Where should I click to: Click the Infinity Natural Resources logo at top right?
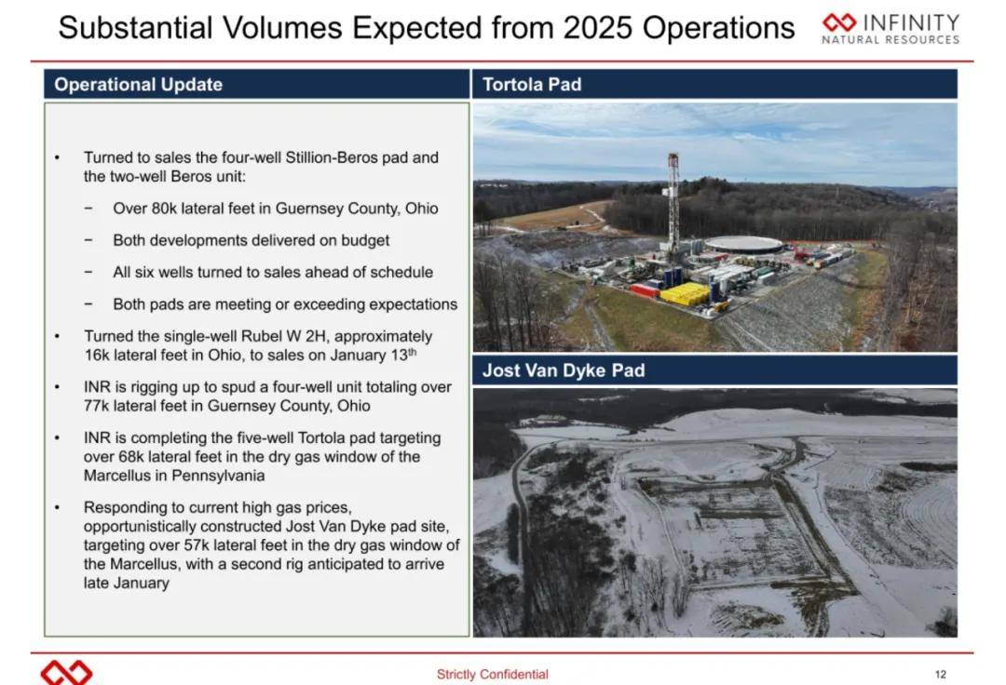pyautogui.click(x=890, y=29)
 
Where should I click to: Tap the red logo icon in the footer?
pyautogui.click(x=66, y=673)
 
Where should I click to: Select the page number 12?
pyautogui.click(x=941, y=674)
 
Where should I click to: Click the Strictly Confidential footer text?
pyautogui.click(x=492, y=674)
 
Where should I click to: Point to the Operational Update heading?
pyautogui.click(x=139, y=85)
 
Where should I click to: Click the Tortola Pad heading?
pyautogui.click(x=532, y=85)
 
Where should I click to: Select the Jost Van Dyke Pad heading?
pyautogui.click(x=564, y=370)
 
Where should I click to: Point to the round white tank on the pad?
pyautogui.click(x=744, y=244)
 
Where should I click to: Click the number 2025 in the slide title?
pyautogui.click(x=599, y=28)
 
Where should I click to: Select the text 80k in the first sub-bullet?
pyautogui.click(x=164, y=208)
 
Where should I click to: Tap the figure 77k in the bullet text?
pyautogui.click(x=96, y=406)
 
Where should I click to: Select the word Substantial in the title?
pyautogui.click(x=135, y=28)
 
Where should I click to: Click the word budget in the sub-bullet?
pyautogui.click(x=365, y=241)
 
